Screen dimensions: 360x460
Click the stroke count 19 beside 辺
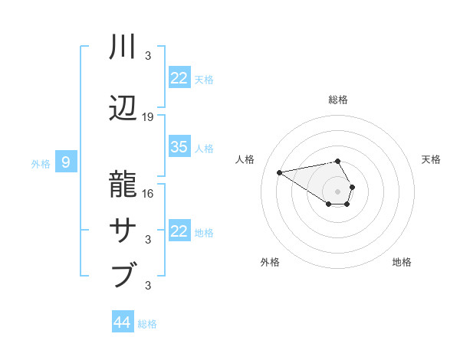(x=148, y=117)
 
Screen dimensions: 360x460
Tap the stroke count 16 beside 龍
(x=148, y=194)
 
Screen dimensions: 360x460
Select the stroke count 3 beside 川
(x=148, y=56)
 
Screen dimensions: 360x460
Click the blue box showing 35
(x=179, y=147)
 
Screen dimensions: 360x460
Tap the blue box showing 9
(x=66, y=162)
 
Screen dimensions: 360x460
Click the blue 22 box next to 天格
(x=179, y=78)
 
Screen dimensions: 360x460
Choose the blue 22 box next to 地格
(x=179, y=231)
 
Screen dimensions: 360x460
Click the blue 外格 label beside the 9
(x=40, y=163)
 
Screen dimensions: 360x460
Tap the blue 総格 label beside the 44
(x=147, y=324)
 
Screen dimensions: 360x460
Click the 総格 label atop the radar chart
(x=337, y=100)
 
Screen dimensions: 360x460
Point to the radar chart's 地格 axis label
(x=402, y=262)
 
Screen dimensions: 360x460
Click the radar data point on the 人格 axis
(x=280, y=172)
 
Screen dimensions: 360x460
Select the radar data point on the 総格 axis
(x=337, y=161)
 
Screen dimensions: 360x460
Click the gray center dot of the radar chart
(x=337, y=191)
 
